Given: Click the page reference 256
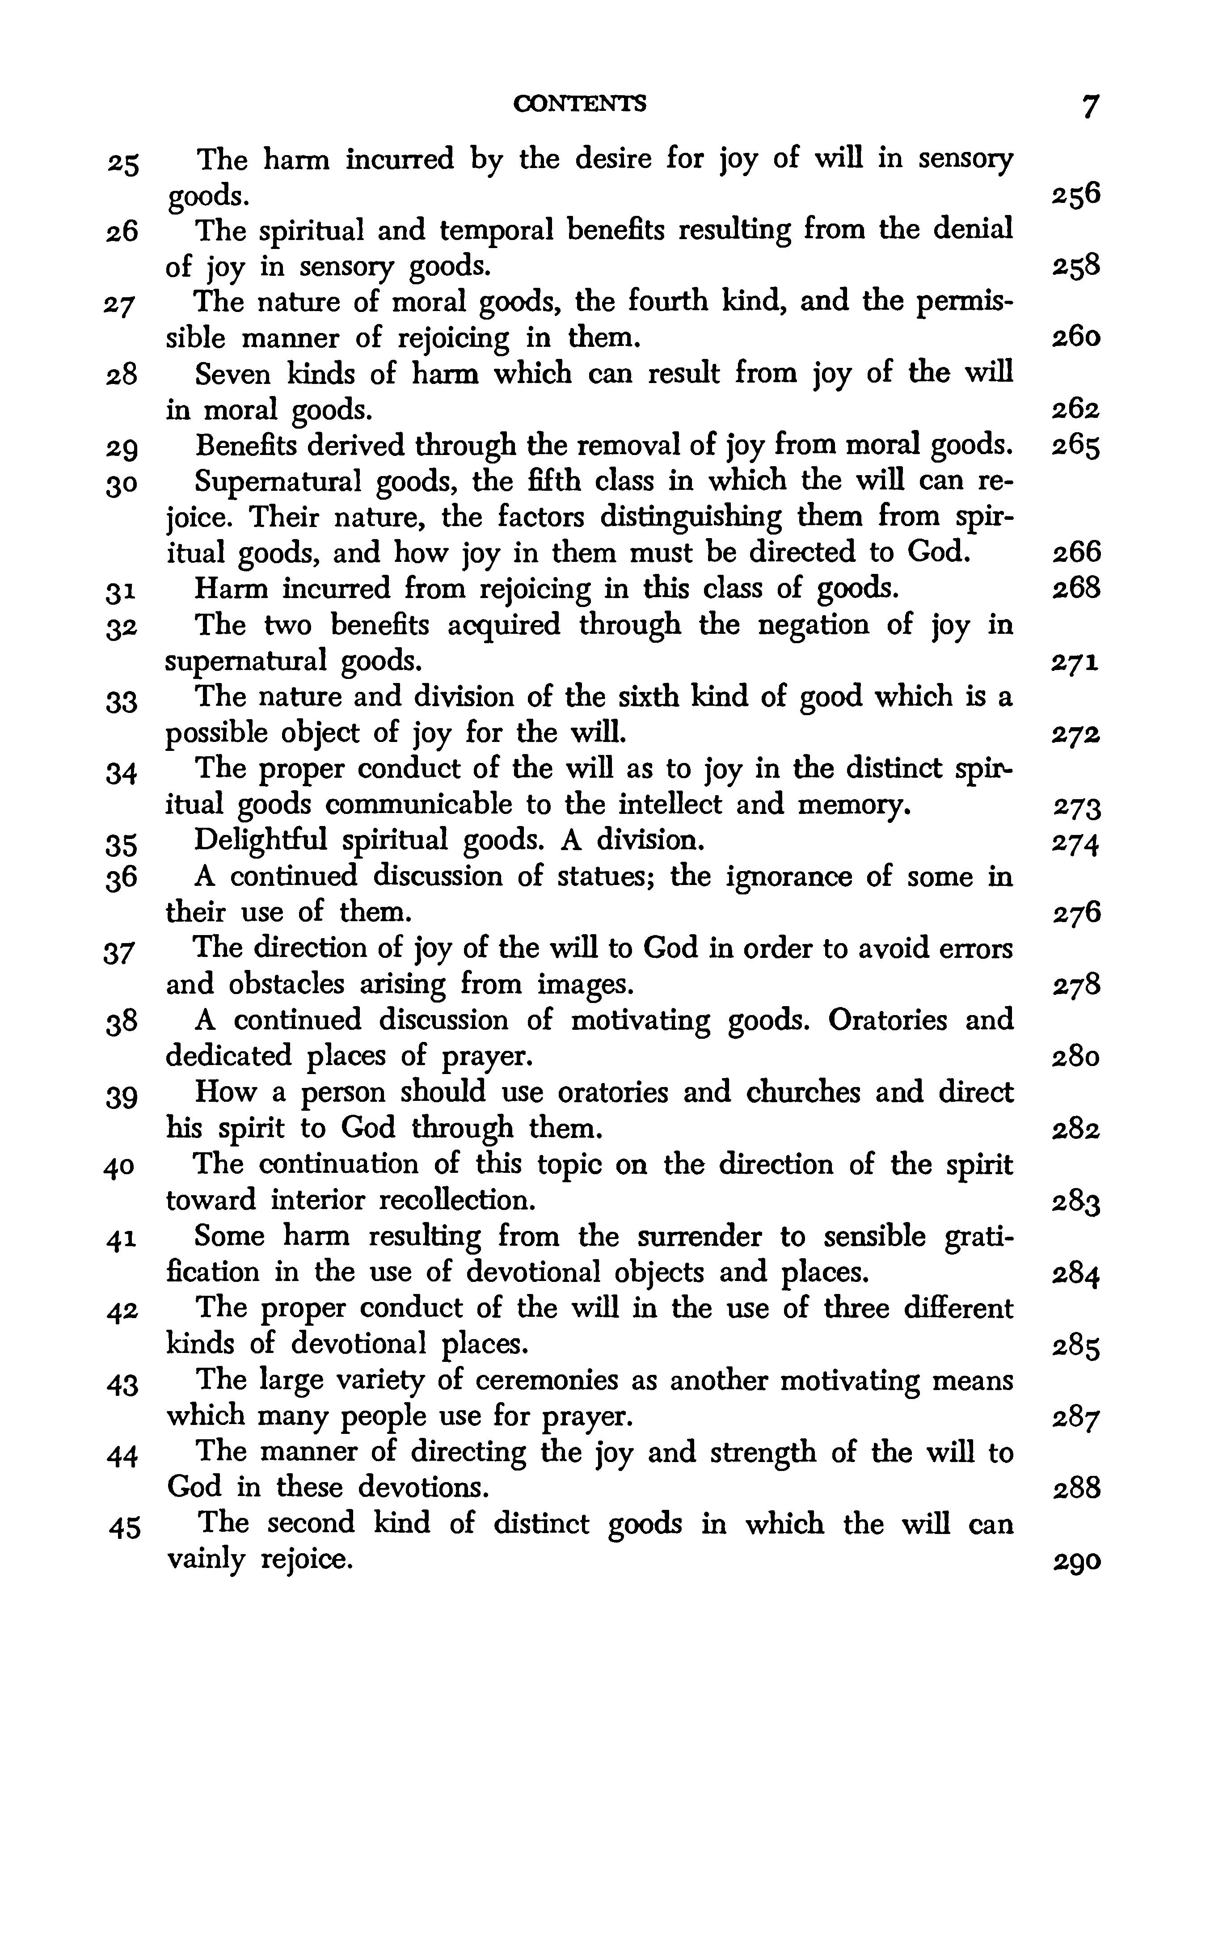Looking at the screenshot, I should click(1075, 194).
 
